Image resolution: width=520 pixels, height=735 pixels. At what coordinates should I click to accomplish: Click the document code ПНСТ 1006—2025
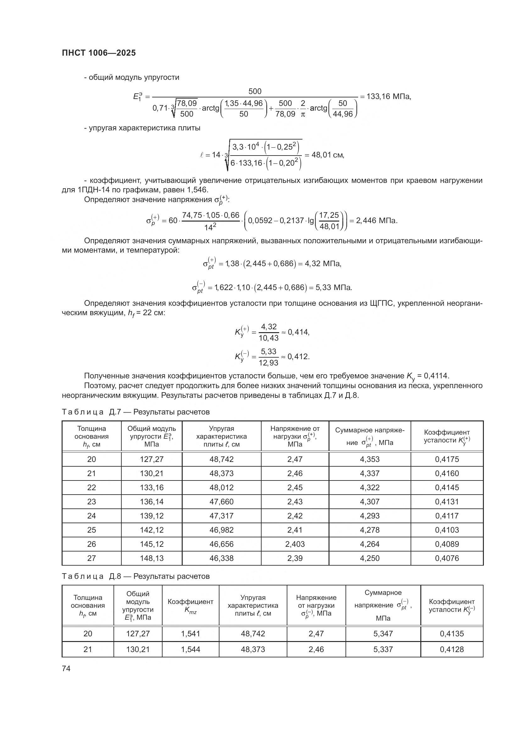pos(99,53)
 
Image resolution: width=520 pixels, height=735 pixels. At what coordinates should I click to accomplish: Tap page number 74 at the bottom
pos(66,668)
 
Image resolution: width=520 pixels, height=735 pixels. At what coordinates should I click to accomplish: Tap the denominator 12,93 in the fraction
pos(268,363)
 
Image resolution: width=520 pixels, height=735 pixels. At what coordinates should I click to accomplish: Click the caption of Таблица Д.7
pos(136,412)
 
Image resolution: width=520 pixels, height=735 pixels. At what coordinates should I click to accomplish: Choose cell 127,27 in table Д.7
pos(152,459)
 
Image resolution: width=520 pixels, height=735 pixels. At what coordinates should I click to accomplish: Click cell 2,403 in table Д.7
pos(295,544)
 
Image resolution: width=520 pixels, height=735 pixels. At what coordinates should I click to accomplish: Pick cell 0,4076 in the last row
pos(447,558)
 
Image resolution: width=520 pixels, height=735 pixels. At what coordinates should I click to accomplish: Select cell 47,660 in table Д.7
pos(221,502)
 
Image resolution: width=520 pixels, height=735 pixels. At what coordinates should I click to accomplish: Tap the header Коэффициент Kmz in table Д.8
pos(191,606)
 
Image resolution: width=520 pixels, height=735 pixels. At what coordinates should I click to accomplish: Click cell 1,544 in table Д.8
pos(191,649)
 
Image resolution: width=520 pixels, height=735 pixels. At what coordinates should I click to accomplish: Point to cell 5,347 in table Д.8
pos(383,634)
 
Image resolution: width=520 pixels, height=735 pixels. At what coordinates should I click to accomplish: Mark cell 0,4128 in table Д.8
pos(451,649)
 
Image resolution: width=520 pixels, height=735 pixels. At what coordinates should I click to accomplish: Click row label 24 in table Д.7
pos(91,516)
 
